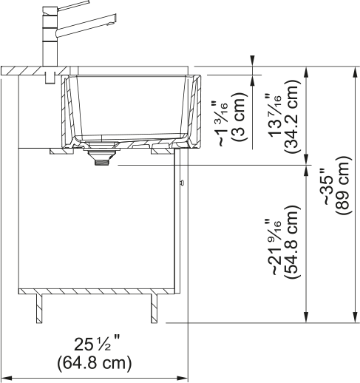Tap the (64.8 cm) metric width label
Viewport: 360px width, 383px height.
click(x=95, y=363)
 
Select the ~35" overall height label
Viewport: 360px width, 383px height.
click(x=330, y=186)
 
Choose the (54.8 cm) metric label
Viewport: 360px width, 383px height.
click(x=292, y=242)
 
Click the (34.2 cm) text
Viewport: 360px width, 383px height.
click(x=292, y=117)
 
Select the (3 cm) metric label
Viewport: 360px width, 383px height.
click(x=240, y=117)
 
